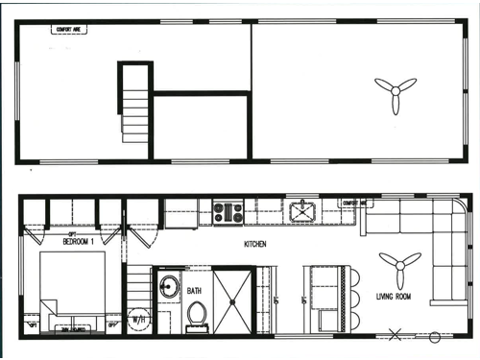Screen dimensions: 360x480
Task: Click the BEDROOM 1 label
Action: click(79, 240)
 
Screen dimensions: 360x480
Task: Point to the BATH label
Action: click(195, 291)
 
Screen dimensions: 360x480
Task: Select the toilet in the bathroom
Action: click(197, 313)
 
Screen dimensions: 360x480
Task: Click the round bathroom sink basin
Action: click(170, 287)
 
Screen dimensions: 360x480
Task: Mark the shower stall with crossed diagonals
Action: click(231, 299)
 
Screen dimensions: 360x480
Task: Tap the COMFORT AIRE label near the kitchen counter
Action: click(355, 204)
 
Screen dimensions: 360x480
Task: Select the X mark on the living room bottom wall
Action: click(394, 335)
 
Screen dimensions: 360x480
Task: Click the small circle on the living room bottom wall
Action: click(434, 336)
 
